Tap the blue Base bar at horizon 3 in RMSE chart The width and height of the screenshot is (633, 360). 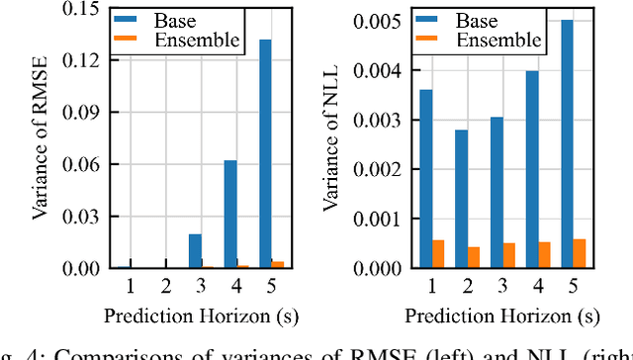pyautogui.click(x=195, y=251)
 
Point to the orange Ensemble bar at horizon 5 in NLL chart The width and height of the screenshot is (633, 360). pyautogui.click(x=579, y=253)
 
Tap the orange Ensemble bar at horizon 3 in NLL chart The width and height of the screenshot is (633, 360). pyautogui.click(x=508, y=255)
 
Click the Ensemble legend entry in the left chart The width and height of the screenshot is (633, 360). pyautogui.click(x=182, y=41)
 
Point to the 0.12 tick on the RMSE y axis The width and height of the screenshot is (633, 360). pyautogui.click(x=85, y=60)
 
